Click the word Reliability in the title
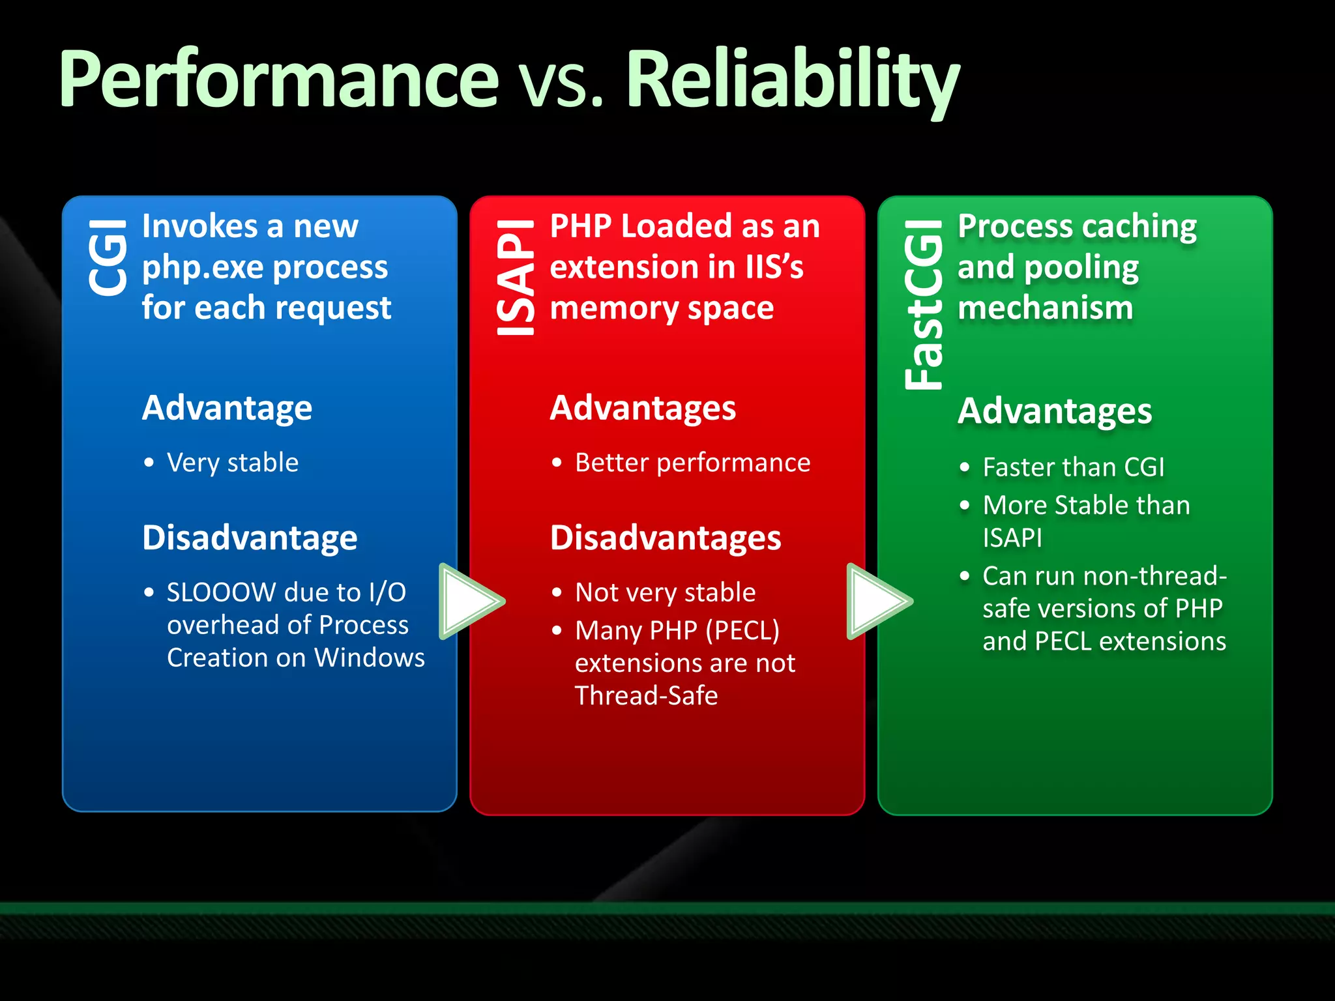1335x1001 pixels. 792,81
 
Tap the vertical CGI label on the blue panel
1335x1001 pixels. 108,257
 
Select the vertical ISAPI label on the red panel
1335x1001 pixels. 516,278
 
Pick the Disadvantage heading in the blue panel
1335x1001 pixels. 250,538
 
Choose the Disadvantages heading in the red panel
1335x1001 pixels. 665,538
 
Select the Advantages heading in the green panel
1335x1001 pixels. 1055,411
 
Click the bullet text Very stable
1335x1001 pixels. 233,463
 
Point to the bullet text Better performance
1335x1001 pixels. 692,463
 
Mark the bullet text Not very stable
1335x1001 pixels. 665,592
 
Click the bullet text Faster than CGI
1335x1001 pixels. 1073,467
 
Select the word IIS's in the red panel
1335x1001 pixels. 774,267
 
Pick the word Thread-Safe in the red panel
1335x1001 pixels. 646,696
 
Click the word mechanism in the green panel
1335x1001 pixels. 1045,308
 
